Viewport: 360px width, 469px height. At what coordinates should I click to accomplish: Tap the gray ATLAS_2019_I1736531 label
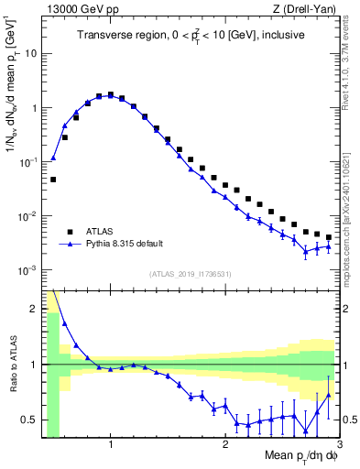coord(191,274)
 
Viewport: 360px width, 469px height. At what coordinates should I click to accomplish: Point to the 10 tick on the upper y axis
coord(31,53)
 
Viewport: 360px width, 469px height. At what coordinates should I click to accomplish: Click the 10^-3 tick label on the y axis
coord(27,271)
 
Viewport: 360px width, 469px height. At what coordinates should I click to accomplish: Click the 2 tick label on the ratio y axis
coord(35,309)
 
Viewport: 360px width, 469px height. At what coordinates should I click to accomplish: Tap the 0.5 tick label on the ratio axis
coord(31,420)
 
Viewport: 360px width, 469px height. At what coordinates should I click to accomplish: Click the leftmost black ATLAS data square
coord(53,180)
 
